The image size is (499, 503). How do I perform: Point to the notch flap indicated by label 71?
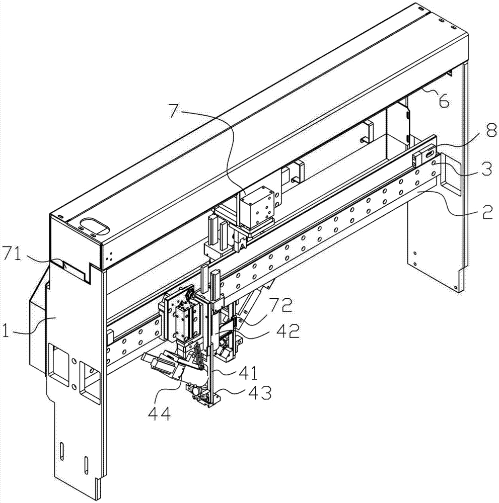[73, 268]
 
